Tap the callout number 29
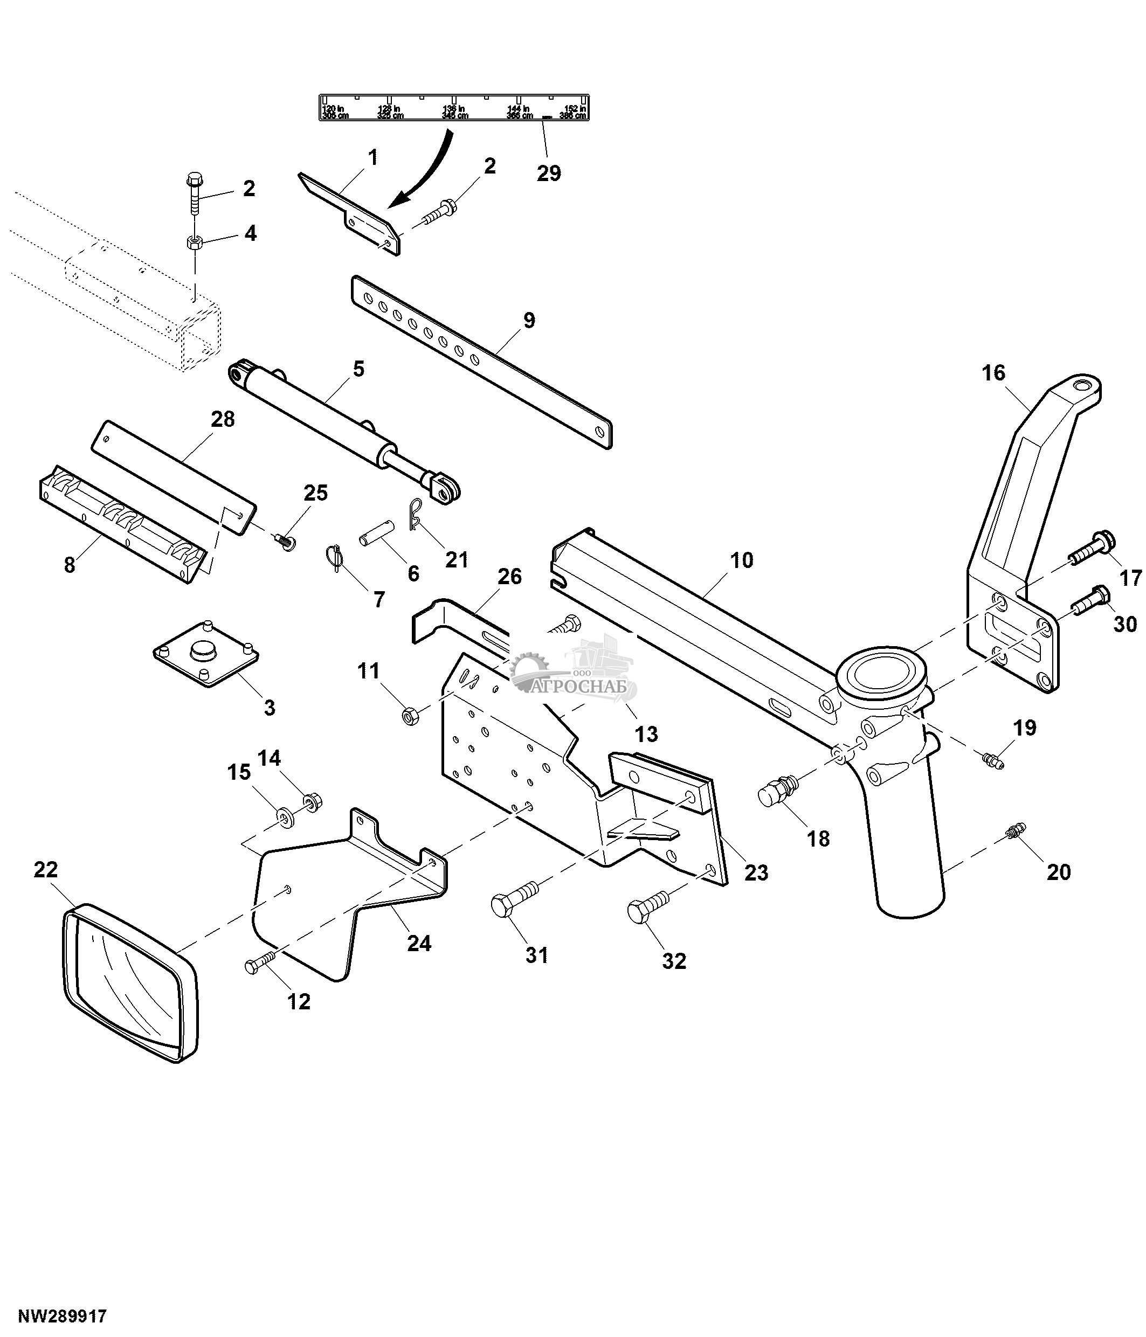pos(549,173)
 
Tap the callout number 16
pos(993,372)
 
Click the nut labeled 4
pos(192,243)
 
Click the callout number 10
pos(742,560)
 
